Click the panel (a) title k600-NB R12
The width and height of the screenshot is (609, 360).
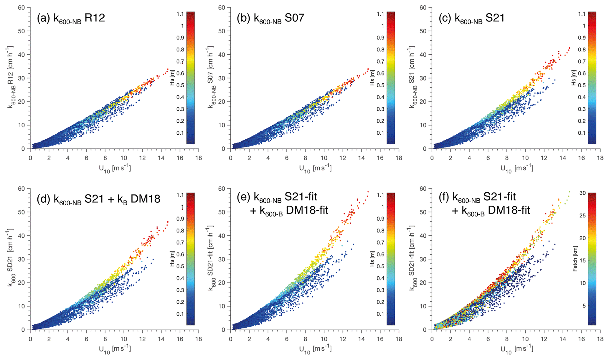[x=71, y=18]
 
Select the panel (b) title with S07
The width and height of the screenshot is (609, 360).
[x=270, y=18]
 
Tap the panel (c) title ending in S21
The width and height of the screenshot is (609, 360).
[x=472, y=18]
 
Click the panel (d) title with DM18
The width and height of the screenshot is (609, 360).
[x=98, y=199]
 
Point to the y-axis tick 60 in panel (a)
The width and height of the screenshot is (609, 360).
[x=22, y=7]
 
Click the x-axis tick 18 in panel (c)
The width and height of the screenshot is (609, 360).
[x=600, y=158]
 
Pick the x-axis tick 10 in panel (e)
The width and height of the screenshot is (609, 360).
[x=324, y=339]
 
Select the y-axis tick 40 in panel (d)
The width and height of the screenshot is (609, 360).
[x=22, y=235]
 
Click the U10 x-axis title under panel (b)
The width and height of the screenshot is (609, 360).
[x=315, y=169]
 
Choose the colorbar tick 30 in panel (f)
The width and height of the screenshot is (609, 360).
[x=582, y=193]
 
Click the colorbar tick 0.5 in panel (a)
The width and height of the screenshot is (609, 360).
[x=180, y=85]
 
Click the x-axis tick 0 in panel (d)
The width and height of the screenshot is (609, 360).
[x=31, y=339]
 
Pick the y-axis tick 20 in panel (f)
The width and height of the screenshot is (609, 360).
[x=423, y=283]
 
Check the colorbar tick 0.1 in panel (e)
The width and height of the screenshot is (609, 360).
[x=381, y=314]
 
